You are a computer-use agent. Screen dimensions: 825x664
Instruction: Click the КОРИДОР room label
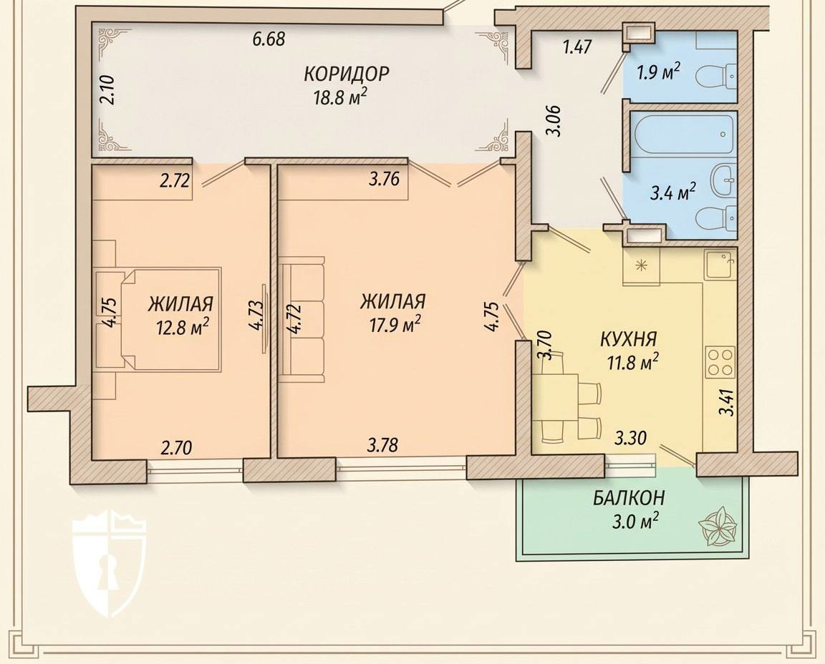click(346, 74)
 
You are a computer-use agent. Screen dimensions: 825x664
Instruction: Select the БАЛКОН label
click(629, 497)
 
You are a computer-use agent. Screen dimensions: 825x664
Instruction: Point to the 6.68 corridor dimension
click(269, 39)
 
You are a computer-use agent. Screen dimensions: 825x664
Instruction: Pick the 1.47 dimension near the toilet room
click(578, 47)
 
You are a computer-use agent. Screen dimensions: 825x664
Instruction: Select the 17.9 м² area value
click(393, 324)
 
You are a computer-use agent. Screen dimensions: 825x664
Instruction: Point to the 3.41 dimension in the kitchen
click(728, 401)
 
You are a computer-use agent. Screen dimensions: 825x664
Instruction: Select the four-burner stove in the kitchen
click(720, 362)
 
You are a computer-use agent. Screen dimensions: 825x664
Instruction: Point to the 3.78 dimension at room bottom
click(382, 446)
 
